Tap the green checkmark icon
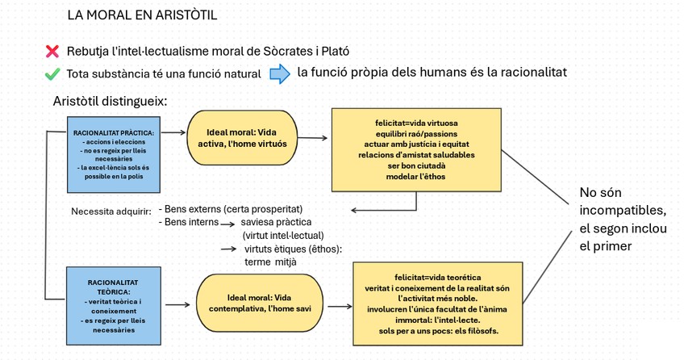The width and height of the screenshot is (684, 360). click(x=52, y=74)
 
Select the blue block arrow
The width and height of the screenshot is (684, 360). click(x=279, y=74)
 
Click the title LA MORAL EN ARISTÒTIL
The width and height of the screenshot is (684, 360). click(x=142, y=15)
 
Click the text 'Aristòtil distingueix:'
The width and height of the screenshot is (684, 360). click(x=111, y=102)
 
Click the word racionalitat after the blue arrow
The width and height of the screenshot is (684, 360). click(x=524, y=73)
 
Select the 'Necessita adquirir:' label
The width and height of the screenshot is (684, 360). click(x=110, y=213)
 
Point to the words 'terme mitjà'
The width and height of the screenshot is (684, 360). click(x=270, y=262)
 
